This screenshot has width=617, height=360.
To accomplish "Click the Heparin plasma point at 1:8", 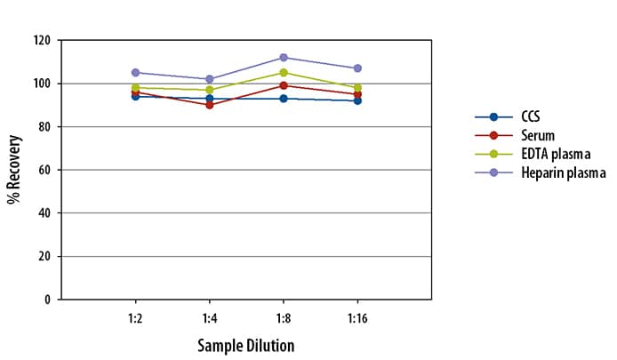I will pos(283,57).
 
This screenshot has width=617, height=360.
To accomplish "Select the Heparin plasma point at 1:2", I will pos(135,72).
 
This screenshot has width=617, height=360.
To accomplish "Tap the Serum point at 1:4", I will pos(209,105).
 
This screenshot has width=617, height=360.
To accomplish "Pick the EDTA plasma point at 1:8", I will pos(283,72).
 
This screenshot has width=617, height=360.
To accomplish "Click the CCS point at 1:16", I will pos(357,100).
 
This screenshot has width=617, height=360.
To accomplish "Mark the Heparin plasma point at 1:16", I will pos(357,68).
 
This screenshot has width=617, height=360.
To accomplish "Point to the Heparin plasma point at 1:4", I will pos(209,79).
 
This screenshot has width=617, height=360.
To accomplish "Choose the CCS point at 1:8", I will pos(283,98).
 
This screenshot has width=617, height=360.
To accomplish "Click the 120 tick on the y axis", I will pos(43,41).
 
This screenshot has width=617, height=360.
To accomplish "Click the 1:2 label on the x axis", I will pos(135,316).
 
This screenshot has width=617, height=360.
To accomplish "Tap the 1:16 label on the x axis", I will pos(357,316).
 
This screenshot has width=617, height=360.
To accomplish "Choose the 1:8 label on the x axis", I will pos(283,316).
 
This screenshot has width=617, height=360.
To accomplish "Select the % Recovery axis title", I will pos(14,169).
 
